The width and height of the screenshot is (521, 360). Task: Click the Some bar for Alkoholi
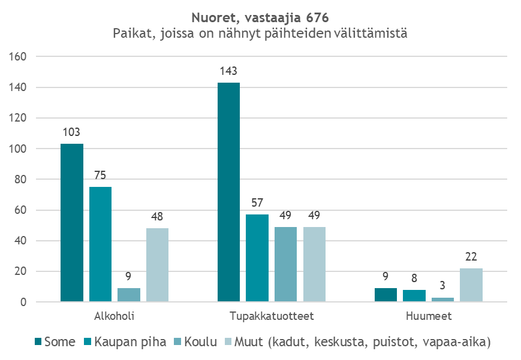[71, 223]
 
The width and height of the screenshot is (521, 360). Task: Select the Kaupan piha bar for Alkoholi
[100, 244]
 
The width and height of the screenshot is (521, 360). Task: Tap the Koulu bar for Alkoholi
[128, 295]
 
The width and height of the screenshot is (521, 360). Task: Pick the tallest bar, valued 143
[228, 192]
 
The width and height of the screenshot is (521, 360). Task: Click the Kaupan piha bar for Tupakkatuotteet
[257, 258]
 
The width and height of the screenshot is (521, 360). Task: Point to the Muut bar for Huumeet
[471, 285]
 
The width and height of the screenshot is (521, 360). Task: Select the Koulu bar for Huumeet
[442, 300]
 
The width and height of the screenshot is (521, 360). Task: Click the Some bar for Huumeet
[386, 295]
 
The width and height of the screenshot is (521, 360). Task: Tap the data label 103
[71, 132]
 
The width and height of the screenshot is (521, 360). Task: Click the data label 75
[100, 175]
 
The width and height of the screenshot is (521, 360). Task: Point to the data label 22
[471, 256]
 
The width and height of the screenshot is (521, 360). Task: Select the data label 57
[257, 202]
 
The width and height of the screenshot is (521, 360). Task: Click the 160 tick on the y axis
[19, 57]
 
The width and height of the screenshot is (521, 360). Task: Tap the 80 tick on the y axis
[22, 180]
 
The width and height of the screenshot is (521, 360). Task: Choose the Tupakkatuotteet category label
[272, 315]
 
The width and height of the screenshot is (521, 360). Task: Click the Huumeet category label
[428, 315]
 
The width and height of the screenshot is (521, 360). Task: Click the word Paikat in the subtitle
[130, 34]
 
